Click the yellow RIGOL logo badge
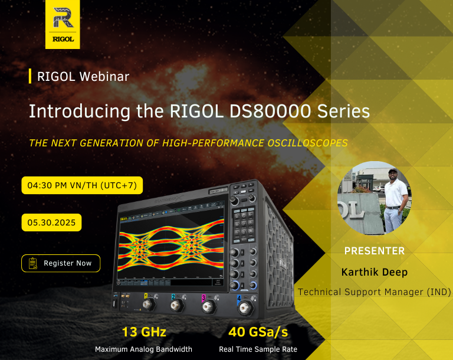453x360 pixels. point(63,24)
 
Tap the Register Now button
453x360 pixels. point(61,263)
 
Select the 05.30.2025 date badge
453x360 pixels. point(51,222)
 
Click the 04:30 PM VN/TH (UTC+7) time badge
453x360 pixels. point(82,185)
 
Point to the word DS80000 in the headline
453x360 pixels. point(270,111)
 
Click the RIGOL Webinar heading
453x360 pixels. point(83,77)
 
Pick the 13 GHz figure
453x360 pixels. point(144,332)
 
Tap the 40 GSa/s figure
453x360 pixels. point(258,332)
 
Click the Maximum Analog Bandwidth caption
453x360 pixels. point(143,349)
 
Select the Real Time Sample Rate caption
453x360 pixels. point(258,349)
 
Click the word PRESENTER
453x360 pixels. point(375,251)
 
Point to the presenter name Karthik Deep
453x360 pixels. point(375,272)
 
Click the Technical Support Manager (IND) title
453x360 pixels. point(375,292)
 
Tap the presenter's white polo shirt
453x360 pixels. point(396,193)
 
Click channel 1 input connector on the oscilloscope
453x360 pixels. point(149,305)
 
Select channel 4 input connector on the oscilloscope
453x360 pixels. point(246,308)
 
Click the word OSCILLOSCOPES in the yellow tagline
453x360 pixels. point(308,143)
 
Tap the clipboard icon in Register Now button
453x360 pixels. point(33,263)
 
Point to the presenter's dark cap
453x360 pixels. point(393,171)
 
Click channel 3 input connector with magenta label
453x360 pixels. point(209,306)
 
